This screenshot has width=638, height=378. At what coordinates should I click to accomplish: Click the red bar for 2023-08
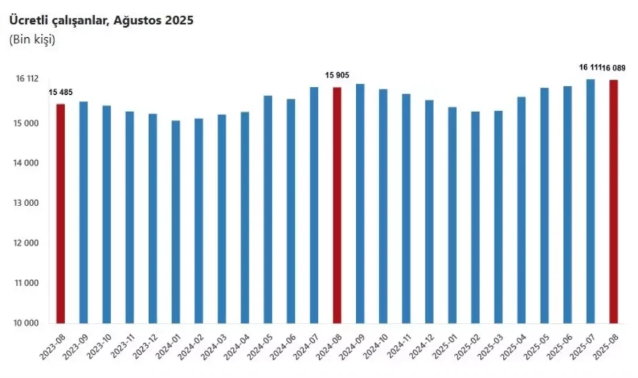click(60, 213)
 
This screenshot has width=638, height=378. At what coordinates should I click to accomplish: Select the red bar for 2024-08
click(337, 205)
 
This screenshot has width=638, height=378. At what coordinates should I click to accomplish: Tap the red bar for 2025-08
click(613, 201)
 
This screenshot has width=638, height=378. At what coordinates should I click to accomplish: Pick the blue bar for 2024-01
click(175, 221)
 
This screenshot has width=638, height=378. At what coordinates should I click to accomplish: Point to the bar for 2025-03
click(498, 217)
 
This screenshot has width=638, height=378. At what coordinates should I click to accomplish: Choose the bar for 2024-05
click(268, 209)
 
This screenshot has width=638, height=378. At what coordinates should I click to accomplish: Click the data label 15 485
click(61, 92)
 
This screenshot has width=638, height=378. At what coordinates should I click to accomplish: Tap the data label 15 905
click(337, 75)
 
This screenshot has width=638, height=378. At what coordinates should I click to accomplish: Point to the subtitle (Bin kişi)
click(32, 40)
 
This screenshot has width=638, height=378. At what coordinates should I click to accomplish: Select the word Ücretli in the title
click(28, 20)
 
